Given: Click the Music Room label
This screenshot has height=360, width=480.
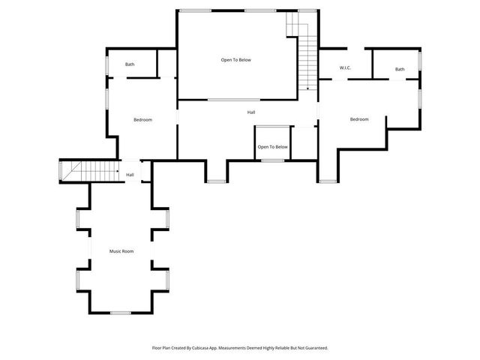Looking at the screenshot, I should point(121,251).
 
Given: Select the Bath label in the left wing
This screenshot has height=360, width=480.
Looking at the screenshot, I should point(130,64).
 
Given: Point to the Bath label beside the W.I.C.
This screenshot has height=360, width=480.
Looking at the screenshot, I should point(400,70).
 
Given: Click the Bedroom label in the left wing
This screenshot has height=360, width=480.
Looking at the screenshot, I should point(143,120).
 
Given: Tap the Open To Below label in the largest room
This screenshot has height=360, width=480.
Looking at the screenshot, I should point(235,59).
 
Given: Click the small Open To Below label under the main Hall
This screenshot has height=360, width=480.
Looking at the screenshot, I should point(273,147).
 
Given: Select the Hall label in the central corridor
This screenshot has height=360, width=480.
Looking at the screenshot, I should point(251,112).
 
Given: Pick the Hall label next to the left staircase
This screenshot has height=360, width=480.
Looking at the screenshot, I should point(130,175).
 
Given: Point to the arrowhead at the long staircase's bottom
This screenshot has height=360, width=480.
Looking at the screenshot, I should point(307,89).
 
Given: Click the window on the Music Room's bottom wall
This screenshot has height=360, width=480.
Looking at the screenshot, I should point(120,312).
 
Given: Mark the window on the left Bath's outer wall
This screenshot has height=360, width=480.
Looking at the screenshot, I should point(106,63).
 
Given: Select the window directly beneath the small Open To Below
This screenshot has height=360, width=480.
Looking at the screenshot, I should point(273,160).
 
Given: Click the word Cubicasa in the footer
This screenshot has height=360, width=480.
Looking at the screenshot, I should point(206,348).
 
